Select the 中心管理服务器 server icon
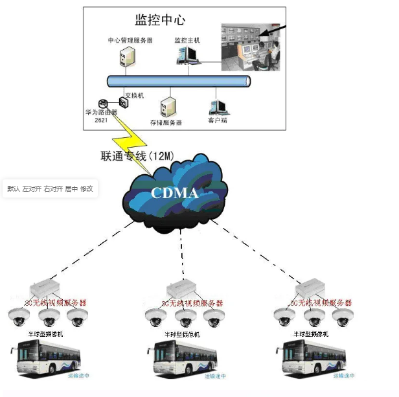[127, 58]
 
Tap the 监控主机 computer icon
[188, 57]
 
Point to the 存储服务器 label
[166, 122]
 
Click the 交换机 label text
[134, 95]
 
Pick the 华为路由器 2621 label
[101, 115]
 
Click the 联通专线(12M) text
[137, 156]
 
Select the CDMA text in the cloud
[173, 192]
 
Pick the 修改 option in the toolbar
[87, 188]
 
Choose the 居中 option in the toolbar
[71, 188]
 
